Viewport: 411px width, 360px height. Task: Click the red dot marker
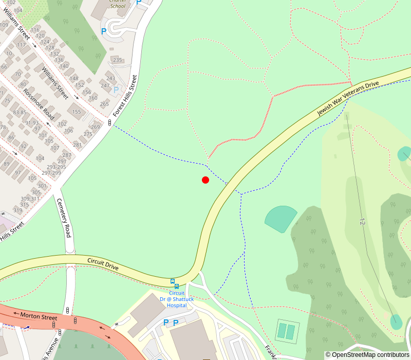[x=206, y=180]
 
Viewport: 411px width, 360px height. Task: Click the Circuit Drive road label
[x=103, y=264]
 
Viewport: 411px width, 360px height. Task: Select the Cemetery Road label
[x=64, y=218]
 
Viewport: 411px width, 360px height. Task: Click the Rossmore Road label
[x=39, y=103]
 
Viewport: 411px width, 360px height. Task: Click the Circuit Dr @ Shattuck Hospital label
[x=176, y=299]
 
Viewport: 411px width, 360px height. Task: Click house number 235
[x=118, y=60]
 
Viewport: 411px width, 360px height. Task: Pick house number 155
[x=77, y=112]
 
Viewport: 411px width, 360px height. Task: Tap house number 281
[x=78, y=145]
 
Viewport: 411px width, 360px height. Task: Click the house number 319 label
[x=17, y=210]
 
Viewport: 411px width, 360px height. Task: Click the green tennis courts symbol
[x=287, y=331]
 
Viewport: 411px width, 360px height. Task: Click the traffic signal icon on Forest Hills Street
[x=109, y=122]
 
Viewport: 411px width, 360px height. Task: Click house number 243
[x=111, y=79]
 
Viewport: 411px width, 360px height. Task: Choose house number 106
[x=69, y=130]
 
